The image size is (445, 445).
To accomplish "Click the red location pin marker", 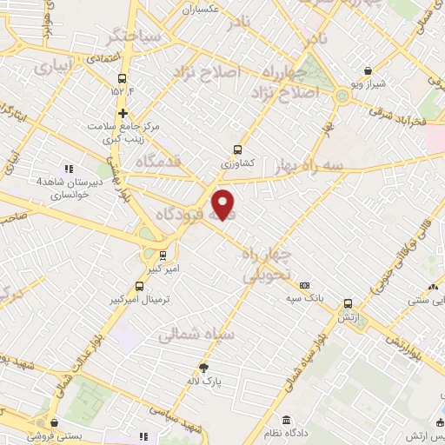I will (224, 204).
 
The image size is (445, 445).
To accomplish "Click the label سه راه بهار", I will (306, 164).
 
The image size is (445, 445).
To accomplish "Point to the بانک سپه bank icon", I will (304, 284).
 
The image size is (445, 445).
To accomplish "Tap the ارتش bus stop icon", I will (348, 303).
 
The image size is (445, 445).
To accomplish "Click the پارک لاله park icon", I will (203, 368).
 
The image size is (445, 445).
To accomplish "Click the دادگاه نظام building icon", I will (286, 421).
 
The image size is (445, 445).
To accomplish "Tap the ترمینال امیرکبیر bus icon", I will (139, 286).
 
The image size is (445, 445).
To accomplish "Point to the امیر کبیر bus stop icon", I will (163, 255).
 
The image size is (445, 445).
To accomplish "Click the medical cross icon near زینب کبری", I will (123, 113).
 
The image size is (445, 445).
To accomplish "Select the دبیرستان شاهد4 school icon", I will (70, 169).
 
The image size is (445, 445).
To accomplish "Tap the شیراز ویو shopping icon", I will (369, 70).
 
